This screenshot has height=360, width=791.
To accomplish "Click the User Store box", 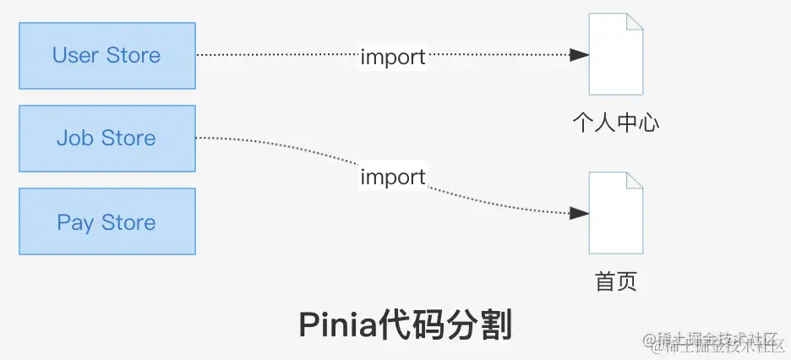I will click(x=106, y=56).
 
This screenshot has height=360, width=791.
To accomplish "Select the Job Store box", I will click(x=106, y=139).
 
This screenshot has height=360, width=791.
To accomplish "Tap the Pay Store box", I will click(x=106, y=222).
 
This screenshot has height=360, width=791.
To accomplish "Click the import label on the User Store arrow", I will click(x=393, y=57).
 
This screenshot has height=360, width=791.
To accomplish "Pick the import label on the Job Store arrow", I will click(x=393, y=177).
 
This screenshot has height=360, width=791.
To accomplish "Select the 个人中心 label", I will click(x=616, y=123).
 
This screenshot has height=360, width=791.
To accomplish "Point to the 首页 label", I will click(x=616, y=281).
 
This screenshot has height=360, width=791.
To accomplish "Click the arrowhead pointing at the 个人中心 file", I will click(x=580, y=55).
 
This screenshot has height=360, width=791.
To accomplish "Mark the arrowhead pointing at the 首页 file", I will click(x=580, y=213).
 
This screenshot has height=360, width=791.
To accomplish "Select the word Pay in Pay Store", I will click(x=75, y=223).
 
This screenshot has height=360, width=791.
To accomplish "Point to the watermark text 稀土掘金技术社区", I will click(x=716, y=341).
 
